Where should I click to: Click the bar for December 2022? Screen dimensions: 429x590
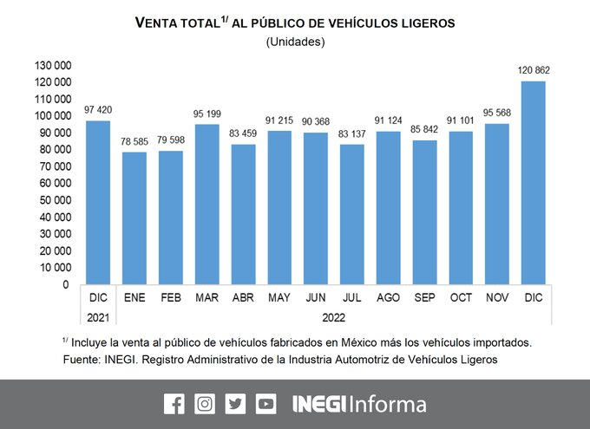(533, 182)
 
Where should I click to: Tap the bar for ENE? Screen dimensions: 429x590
(134, 218)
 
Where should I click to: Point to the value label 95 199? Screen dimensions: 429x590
(206, 114)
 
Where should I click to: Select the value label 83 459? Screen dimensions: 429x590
(243, 134)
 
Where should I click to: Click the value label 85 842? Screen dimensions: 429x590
(425, 130)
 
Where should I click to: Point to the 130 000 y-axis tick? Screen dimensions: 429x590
(54, 66)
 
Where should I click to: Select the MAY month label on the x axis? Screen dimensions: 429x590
(279, 297)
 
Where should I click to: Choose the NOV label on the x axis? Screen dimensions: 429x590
(497, 297)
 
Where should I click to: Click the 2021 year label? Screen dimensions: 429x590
(98, 317)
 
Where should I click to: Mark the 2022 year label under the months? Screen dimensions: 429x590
(334, 317)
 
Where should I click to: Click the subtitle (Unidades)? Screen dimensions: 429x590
(295, 42)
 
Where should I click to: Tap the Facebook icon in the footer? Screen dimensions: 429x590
(174, 403)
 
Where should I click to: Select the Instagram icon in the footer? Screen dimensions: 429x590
(205, 403)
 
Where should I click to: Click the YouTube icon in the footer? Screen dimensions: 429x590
(265, 403)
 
